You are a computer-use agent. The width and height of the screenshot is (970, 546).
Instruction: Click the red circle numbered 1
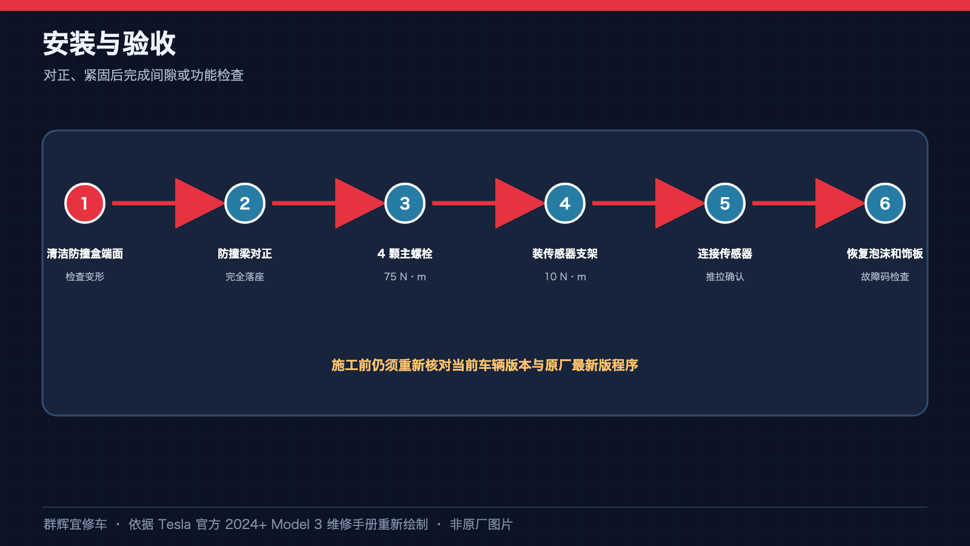pos(85,203)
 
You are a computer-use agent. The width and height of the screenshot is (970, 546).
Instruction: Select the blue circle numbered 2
pos(245,203)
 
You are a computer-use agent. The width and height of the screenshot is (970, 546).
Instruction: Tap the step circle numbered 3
pos(405,203)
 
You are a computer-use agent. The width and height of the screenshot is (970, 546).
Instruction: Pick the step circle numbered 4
pos(564,203)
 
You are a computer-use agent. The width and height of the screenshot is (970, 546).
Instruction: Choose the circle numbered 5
pos(725,203)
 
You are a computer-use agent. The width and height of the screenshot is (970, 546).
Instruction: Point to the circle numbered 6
pos(885,203)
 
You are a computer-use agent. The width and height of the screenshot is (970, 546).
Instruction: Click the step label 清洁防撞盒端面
pos(85,254)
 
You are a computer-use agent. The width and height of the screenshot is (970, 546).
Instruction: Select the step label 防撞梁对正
pos(245,254)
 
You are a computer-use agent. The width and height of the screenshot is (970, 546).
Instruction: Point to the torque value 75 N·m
pos(405,277)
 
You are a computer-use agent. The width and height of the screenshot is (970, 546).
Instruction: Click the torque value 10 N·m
pos(565,277)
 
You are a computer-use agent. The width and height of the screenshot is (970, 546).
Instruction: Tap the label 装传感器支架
pos(564,254)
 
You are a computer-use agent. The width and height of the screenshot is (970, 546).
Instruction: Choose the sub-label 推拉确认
pos(725,277)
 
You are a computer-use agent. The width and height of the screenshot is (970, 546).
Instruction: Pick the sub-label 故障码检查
pos(885,277)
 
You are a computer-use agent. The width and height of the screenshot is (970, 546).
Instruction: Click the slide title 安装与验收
pos(109,43)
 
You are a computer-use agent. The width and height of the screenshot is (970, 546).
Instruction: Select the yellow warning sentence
pos(484,365)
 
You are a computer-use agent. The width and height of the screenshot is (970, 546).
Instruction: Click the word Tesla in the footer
pos(174,524)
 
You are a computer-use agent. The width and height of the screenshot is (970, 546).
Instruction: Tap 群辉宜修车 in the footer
pos(75,524)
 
